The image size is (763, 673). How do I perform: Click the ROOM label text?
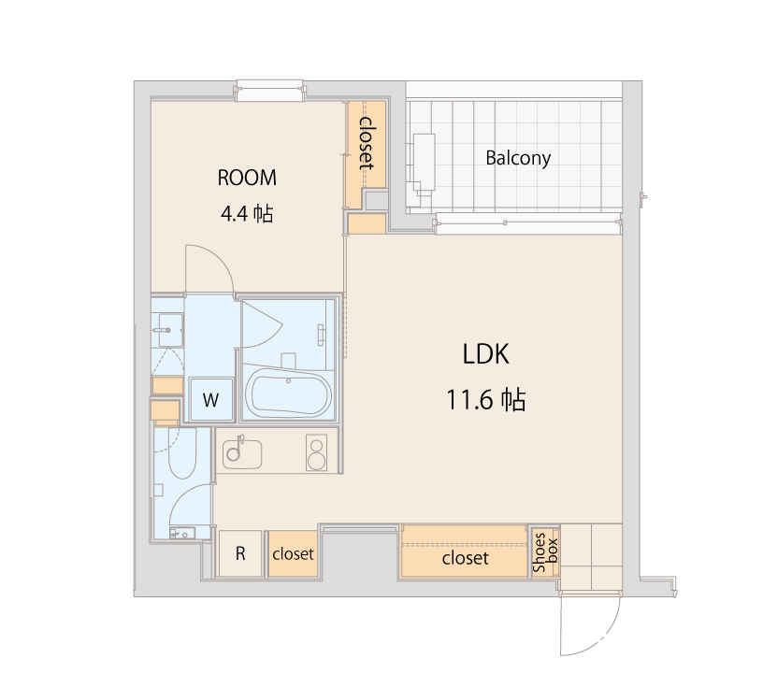point(247,178)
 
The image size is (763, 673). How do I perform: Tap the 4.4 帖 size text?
point(247,214)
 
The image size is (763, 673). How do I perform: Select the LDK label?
point(485,354)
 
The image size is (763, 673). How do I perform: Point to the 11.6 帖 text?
point(485,400)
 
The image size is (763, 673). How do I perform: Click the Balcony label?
point(518,158)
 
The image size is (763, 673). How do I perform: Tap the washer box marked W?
point(211,401)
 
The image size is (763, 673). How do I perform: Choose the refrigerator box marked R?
point(240,553)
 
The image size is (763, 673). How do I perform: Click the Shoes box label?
point(545,552)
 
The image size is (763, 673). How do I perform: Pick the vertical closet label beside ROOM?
point(367,142)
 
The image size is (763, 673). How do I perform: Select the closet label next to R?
point(293,554)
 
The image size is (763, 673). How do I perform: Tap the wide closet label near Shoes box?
point(465,558)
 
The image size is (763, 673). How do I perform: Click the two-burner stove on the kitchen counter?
point(317,454)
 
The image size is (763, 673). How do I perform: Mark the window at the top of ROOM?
point(269,90)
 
